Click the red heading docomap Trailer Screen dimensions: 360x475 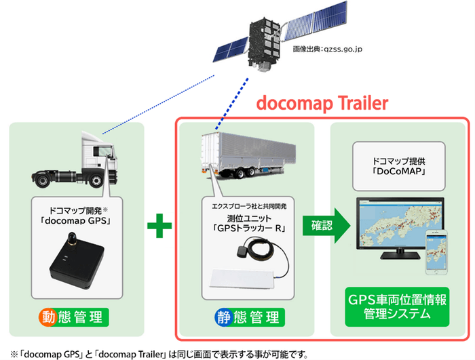[321, 103]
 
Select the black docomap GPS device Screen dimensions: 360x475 [74, 260]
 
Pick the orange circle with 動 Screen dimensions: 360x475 [49, 317]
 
